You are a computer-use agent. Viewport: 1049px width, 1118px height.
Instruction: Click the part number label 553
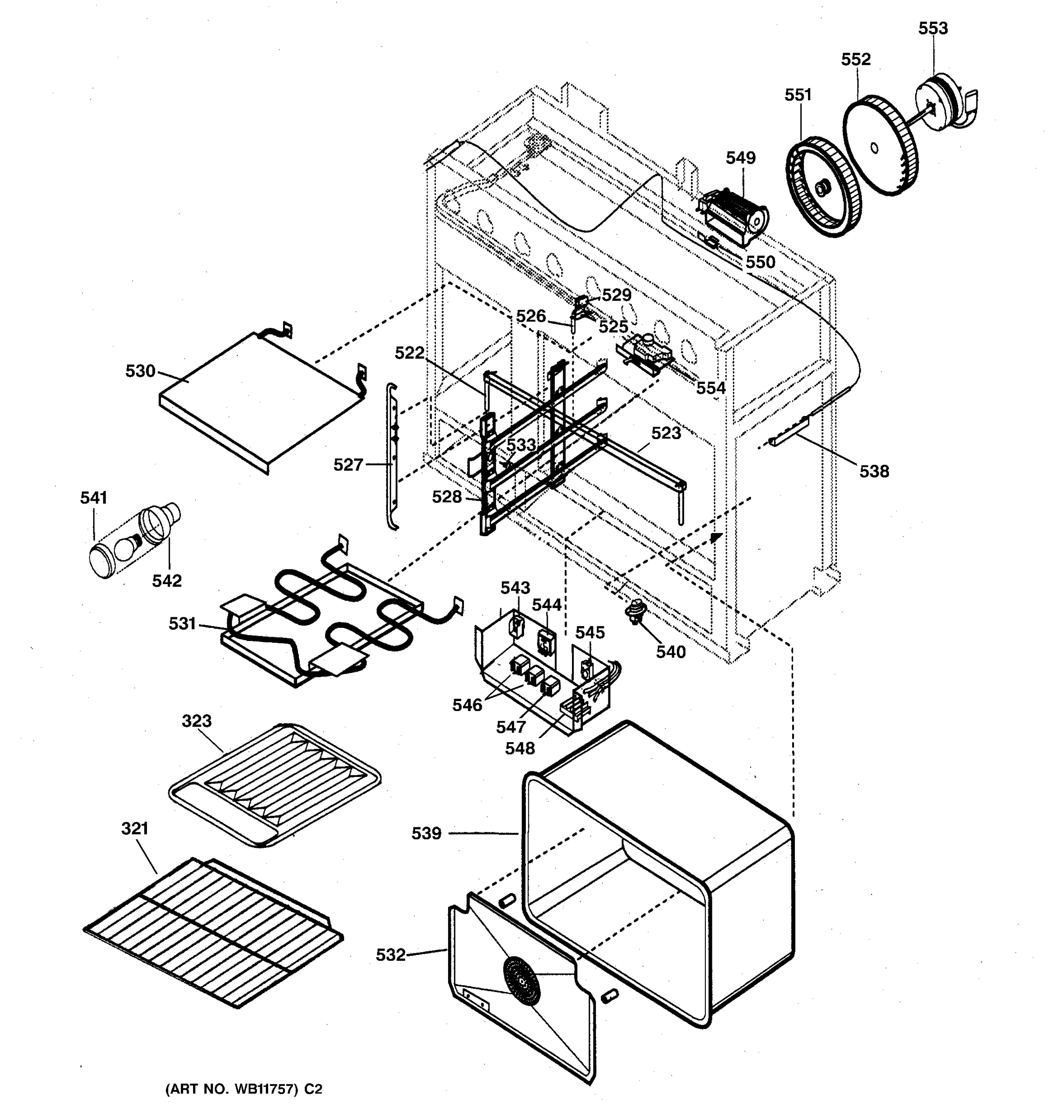932,28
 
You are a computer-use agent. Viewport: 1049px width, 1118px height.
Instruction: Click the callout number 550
760,262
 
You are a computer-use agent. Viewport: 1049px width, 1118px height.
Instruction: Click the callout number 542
166,581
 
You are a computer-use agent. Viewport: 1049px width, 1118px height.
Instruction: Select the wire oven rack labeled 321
214,931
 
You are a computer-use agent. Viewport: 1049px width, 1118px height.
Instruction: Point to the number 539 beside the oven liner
426,833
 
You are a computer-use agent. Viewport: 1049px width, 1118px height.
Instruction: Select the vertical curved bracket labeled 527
392,456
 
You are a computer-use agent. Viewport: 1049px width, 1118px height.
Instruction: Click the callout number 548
519,748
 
